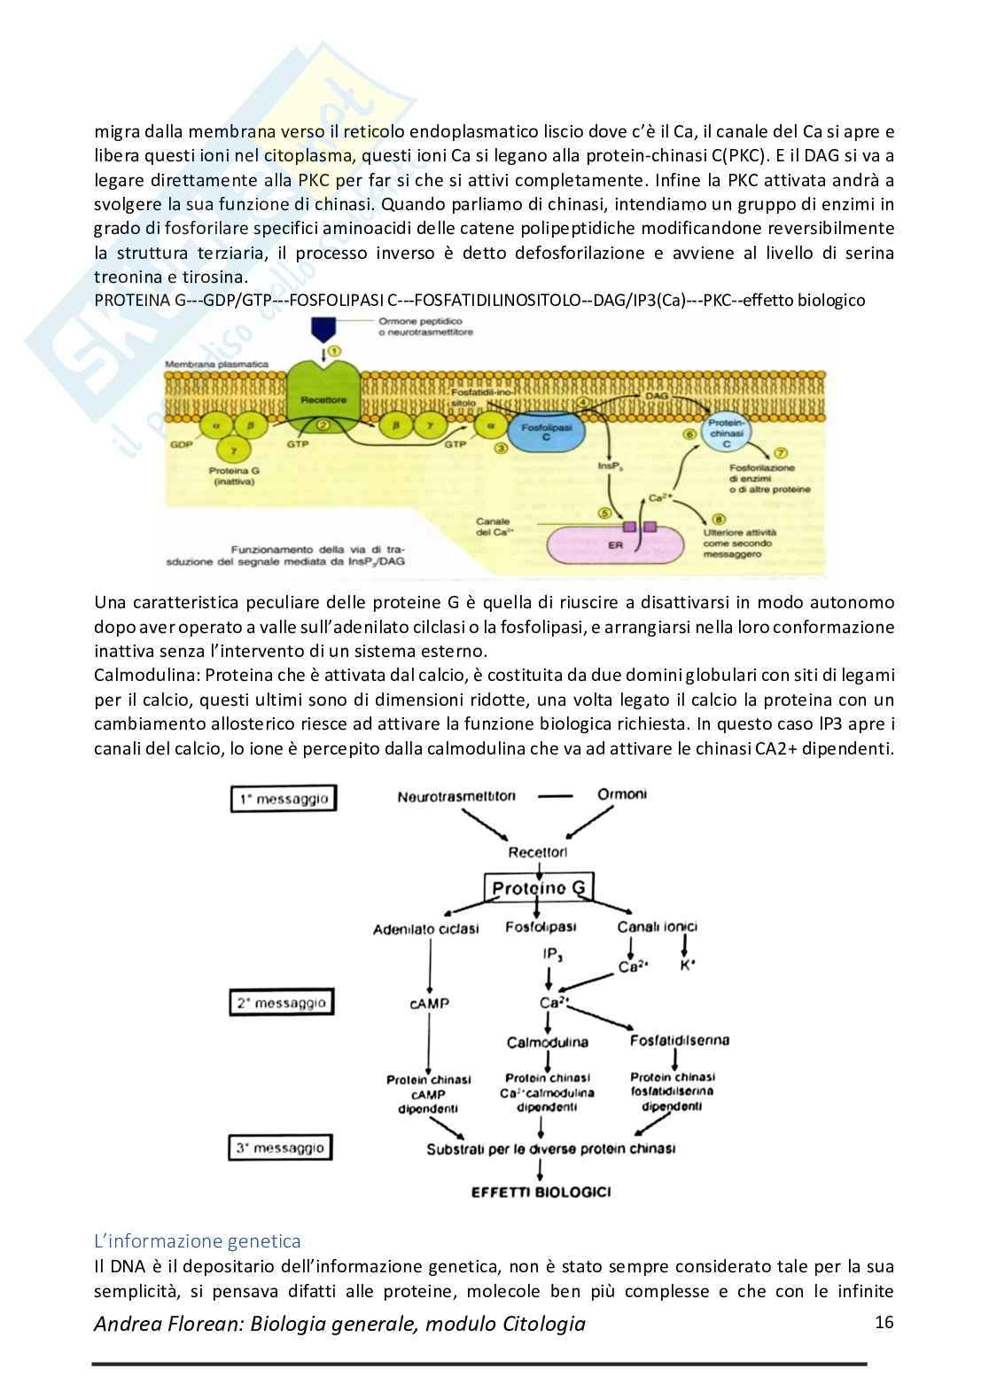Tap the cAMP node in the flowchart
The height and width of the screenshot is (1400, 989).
coord(429,1004)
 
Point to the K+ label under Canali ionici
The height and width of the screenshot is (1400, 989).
coord(687,966)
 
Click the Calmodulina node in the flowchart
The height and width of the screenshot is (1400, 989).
coord(548,1042)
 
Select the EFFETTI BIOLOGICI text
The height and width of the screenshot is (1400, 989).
coord(541,1192)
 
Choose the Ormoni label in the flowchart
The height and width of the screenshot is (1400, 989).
coord(621,794)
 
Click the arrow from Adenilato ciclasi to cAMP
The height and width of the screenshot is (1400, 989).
coord(429,966)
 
